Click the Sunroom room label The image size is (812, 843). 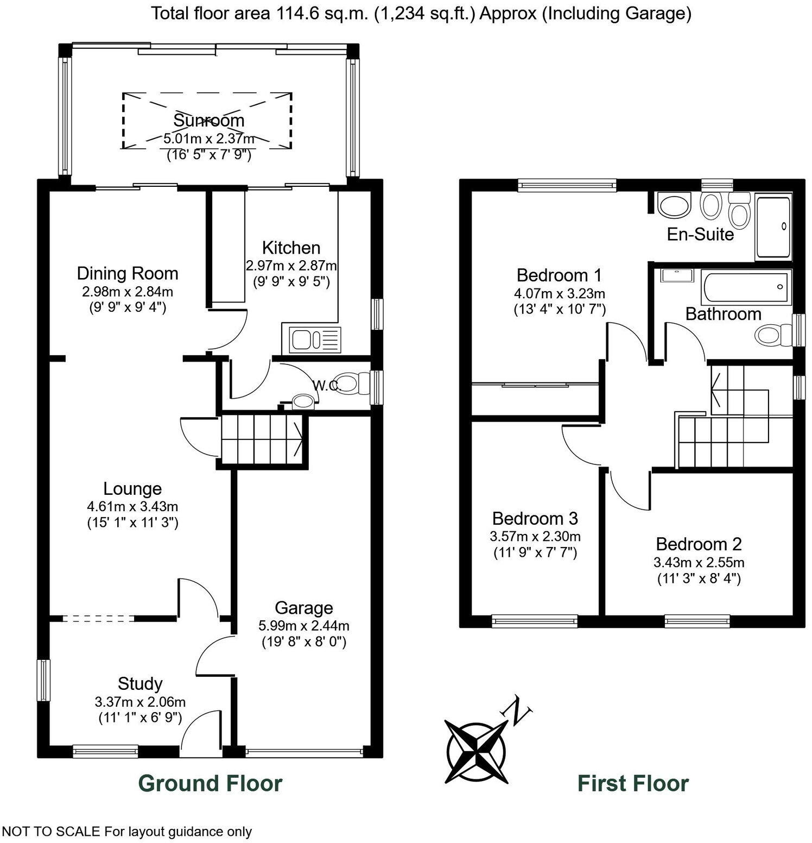(x=208, y=120)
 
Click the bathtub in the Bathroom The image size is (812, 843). (x=745, y=287)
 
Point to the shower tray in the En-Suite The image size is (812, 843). (x=773, y=228)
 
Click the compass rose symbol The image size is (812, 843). (x=476, y=751)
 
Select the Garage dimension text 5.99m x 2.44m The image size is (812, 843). (x=303, y=626)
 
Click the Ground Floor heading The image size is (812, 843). (x=210, y=784)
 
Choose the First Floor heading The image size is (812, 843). (x=633, y=784)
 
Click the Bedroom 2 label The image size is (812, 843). (x=699, y=544)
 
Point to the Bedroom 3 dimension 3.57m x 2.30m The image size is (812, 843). (x=535, y=537)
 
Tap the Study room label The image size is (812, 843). (x=140, y=683)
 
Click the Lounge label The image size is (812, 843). (x=132, y=489)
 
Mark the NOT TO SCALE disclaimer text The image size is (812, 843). (x=126, y=832)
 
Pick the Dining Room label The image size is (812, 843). (x=128, y=273)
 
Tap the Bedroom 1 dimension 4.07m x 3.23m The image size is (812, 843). (x=559, y=294)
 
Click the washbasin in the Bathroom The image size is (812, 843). (x=677, y=275)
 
